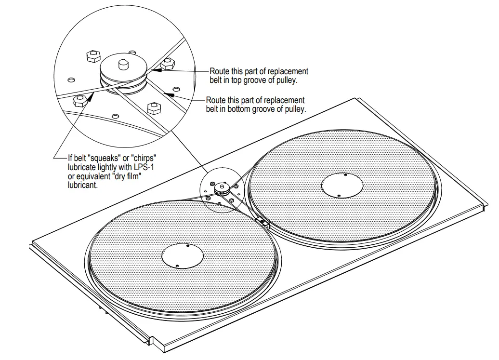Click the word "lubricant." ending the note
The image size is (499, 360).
coord(83,185)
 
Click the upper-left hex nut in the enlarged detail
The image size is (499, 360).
coord(92,56)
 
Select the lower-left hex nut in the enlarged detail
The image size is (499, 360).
coord(78,100)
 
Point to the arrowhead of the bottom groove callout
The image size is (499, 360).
coord(165,92)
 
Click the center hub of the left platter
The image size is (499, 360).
coord(182,254)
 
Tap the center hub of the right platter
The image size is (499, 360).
coord(341,185)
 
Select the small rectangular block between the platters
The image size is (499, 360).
coord(263,221)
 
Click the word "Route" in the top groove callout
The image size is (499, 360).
coord(219,71)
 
